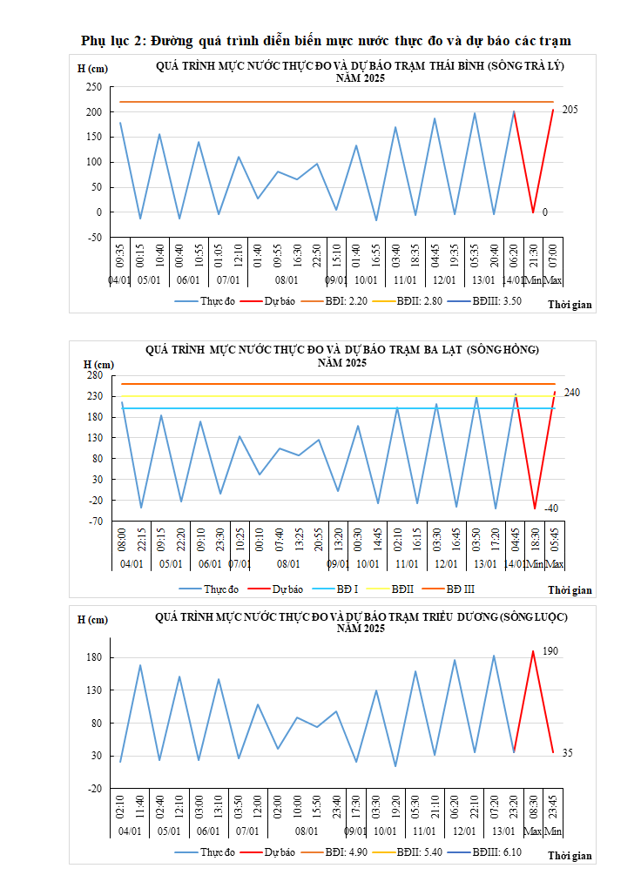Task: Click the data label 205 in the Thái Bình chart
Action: click(570, 110)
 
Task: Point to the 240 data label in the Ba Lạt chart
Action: click(572, 393)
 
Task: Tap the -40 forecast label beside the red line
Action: click(551, 508)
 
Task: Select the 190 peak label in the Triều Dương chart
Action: click(550, 651)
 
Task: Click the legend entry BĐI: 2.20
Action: click(346, 301)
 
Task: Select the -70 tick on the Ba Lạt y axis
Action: click(94, 522)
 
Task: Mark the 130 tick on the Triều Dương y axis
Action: click(94, 690)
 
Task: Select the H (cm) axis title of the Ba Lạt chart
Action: click(98, 364)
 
